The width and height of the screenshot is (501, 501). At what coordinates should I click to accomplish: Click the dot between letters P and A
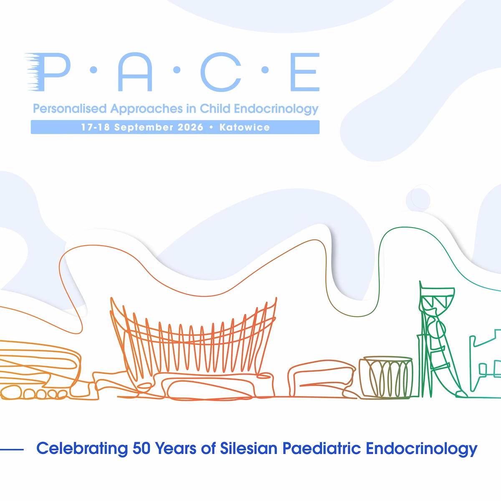tap(94, 70)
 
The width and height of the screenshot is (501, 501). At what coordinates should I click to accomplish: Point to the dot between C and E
tap(265, 70)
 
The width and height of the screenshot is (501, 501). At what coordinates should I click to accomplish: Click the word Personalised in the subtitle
tap(70, 109)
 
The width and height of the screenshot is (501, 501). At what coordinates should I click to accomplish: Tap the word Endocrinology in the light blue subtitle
tap(276, 109)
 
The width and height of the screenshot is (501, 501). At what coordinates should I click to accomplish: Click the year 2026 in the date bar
tap(190, 127)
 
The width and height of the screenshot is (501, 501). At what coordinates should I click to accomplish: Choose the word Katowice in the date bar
tap(245, 127)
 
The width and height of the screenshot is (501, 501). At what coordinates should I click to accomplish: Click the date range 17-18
tap(96, 127)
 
